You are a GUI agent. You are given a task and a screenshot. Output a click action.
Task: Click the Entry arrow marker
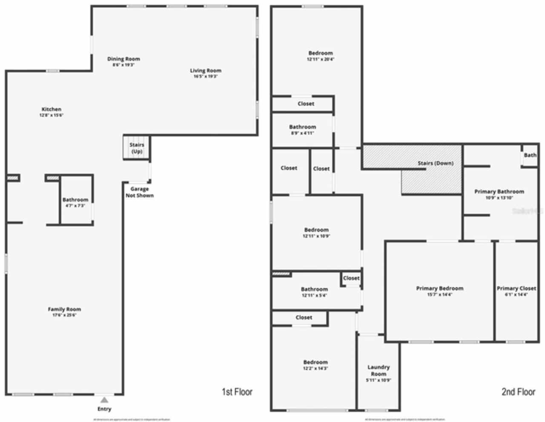pyautogui.click(x=104, y=400)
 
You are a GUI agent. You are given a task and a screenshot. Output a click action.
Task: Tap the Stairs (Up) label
pyautogui.click(x=137, y=148)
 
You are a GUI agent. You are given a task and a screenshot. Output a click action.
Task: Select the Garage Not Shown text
pyautogui.click(x=140, y=192)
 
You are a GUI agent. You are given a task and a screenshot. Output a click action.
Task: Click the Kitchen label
pyautogui.click(x=51, y=110)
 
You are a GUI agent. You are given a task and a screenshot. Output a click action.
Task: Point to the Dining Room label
pyautogui.click(x=123, y=59)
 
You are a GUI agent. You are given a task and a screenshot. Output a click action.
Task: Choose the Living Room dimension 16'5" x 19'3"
pyautogui.click(x=206, y=77)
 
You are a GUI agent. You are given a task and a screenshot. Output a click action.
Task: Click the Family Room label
pyautogui.click(x=64, y=309)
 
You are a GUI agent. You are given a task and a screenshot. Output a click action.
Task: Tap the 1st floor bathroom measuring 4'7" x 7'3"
pyautogui.click(x=75, y=202)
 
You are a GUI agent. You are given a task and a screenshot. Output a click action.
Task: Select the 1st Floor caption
pyautogui.click(x=237, y=392)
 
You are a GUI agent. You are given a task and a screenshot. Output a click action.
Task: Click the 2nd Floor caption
pyautogui.click(x=518, y=392)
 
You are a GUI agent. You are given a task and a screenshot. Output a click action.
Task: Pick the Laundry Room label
pyautogui.click(x=379, y=370)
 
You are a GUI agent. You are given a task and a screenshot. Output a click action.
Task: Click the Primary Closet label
pyautogui.click(x=516, y=289)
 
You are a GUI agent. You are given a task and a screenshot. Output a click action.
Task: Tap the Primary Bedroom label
pyautogui.click(x=439, y=289)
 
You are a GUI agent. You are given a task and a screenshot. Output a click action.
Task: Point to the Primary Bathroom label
pyautogui.click(x=499, y=192)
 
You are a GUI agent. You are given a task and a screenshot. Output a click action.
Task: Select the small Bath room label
pyautogui.click(x=530, y=155)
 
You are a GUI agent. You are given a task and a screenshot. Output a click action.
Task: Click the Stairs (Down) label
pyautogui.click(x=435, y=163)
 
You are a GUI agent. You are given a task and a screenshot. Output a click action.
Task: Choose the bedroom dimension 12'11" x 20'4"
pyautogui.click(x=321, y=60)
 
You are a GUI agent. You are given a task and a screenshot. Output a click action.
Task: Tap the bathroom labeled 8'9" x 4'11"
pyautogui.click(x=302, y=130)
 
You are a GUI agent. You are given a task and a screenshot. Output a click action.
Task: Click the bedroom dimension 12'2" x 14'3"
pyautogui.click(x=316, y=368)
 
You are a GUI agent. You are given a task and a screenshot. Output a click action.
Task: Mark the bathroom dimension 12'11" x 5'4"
pyautogui.click(x=315, y=295)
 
